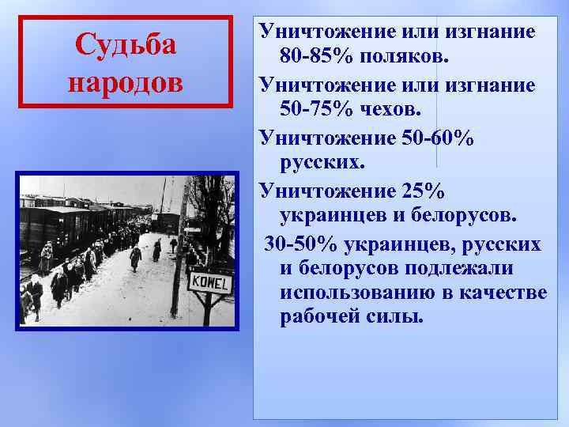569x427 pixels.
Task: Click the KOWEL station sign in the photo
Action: point(209,282)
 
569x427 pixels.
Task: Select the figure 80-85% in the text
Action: point(315,58)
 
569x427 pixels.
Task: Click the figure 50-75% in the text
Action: point(315,110)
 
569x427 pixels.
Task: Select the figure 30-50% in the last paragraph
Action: point(300,243)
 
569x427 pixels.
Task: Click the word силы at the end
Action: point(395,319)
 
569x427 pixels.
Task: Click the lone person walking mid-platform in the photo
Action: point(135,256)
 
